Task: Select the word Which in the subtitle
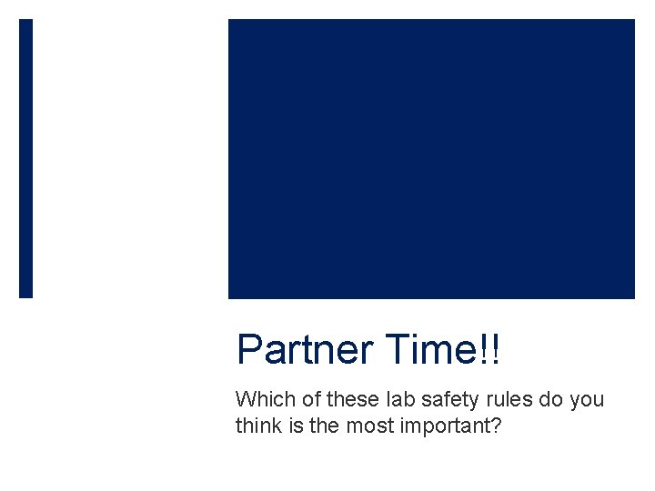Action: pos(262,399)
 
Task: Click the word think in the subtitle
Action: pos(257,425)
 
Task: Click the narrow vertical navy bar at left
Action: pos(25,158)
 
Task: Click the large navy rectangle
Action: pos(431,158)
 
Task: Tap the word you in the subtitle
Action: pos(588,399)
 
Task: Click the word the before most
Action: pos(325,425)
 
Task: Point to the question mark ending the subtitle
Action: pos(495,425)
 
